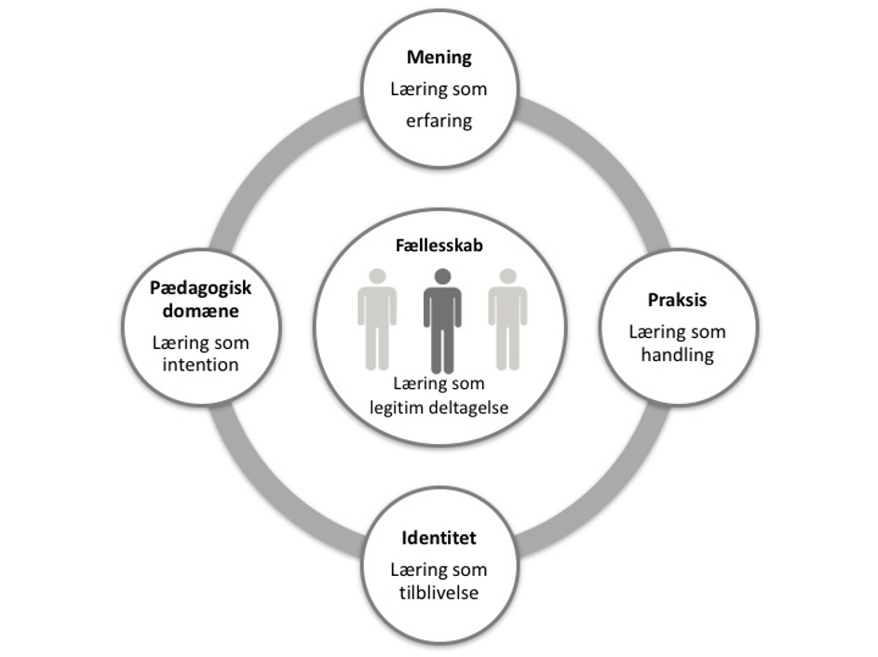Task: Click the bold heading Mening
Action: pos(439,58)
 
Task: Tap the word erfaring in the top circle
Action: pos(439,120)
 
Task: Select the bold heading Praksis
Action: pos(677,301)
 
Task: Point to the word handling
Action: pos(677,355)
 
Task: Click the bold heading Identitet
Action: pos(439,539)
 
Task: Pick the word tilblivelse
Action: pos(439,593)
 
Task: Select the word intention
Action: pos(200,364)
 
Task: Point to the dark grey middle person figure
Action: pos(442,321)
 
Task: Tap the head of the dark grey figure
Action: pos(442,276)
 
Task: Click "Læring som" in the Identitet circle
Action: pos(439,570)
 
